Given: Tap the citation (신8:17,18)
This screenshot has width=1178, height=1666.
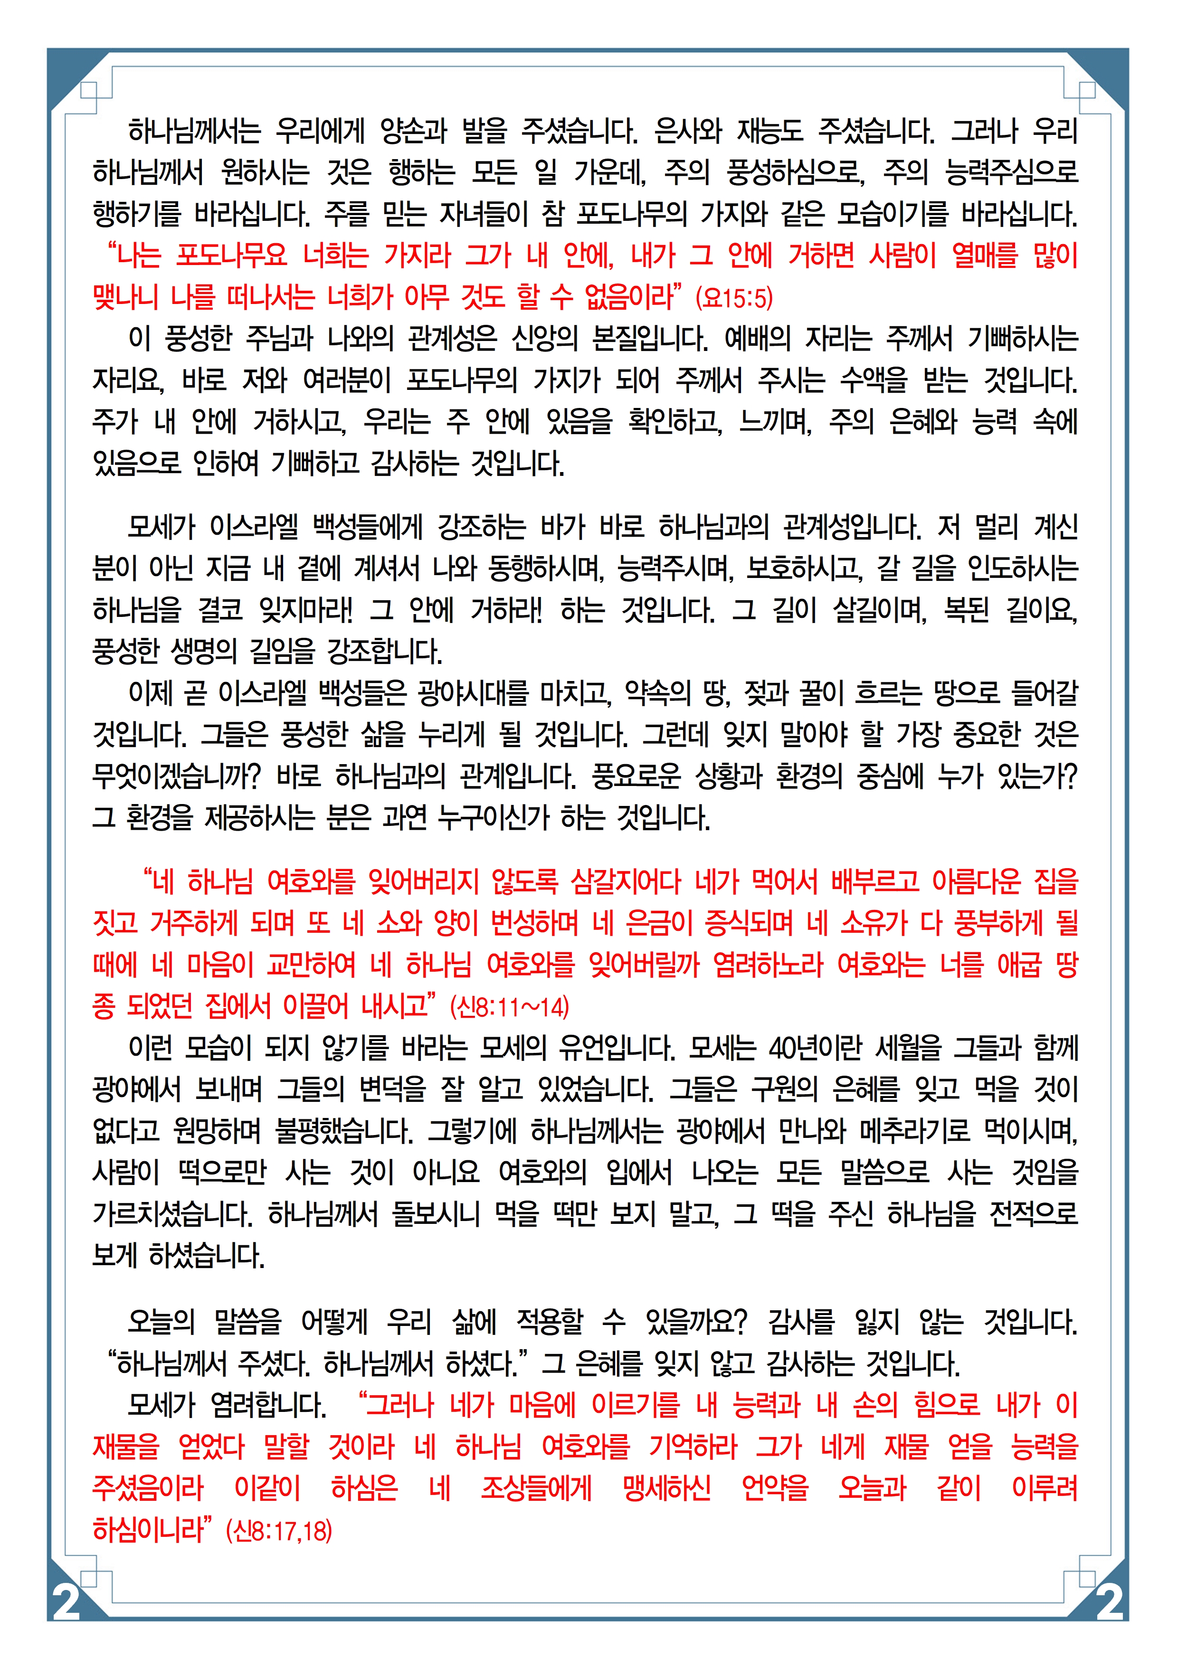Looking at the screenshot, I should (279, 1531).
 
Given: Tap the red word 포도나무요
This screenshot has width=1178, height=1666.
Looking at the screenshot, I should (232, 256).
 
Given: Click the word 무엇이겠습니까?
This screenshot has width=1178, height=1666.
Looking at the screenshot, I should (176, 777).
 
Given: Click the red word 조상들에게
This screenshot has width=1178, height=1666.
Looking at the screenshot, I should (536, 1489).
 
